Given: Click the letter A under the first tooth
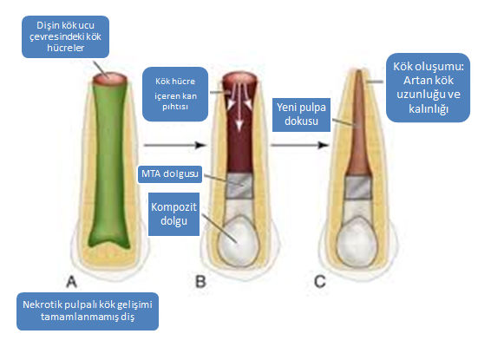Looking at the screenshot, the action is coord(72,282).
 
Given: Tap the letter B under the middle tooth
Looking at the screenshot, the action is coord(200,282).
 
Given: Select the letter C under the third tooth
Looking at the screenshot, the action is coord(320,282).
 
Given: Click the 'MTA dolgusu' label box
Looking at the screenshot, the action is coord(170,173).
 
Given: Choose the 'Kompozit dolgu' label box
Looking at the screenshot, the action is coord(173,214).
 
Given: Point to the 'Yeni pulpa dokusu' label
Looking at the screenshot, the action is coord(301,115).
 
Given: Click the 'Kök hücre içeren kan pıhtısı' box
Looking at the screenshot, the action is coord(175,94).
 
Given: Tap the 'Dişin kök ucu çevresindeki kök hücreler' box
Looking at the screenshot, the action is coord(66,36).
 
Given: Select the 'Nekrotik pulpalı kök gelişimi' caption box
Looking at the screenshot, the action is coord(88,311).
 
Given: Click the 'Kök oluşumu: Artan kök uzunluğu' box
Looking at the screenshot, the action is coord(429,88).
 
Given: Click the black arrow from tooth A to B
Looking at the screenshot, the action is coord(175,145).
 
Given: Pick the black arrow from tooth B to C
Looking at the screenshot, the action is coord(300,145).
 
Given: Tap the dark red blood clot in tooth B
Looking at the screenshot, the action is coord(239,128).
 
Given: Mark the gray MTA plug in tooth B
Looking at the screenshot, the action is coord(239,186).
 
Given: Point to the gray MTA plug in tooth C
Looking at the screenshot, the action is coord(359,187).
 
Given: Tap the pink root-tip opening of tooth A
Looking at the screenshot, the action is coord(110,78).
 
